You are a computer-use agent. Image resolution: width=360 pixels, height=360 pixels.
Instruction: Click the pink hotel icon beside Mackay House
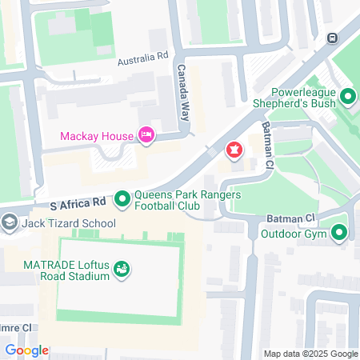coord(147,135)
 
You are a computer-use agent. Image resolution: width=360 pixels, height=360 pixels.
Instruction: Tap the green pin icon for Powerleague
coord(347,98)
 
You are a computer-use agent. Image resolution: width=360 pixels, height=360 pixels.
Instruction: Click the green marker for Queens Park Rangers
coord(122,196)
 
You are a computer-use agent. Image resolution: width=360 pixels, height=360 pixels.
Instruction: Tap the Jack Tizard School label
coord(68,223)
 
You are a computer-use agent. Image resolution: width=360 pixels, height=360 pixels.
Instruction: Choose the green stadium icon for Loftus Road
coord(121,270)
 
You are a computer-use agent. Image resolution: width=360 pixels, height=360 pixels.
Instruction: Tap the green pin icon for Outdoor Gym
coord(340,234)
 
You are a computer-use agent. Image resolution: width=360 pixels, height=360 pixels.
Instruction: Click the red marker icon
coord(234,150)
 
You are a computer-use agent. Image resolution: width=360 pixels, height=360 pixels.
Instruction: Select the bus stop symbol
coord(333,38)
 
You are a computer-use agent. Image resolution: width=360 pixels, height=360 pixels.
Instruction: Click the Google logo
coord(26,350)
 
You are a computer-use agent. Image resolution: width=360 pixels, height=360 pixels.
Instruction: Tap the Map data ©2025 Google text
coord(311,354)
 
